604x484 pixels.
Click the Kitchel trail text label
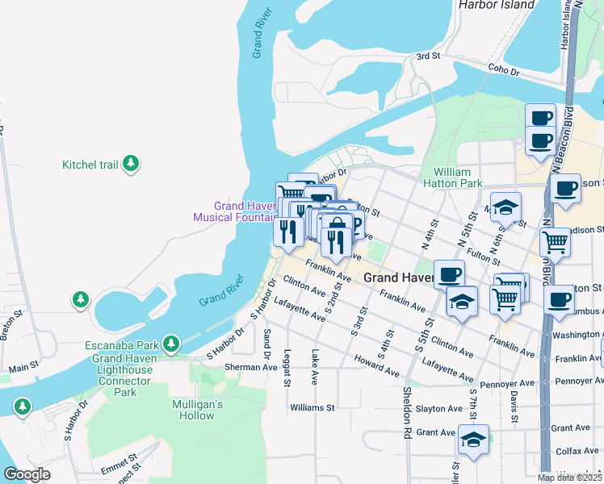90,165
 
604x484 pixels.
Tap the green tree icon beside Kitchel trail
131,165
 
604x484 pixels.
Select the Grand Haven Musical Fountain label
234,211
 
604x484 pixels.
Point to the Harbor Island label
496,5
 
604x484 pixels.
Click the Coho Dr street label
504,71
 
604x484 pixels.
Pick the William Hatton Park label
457,178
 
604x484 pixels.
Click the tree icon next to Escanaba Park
170,344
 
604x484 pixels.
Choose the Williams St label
312,408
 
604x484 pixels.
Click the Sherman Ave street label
250,366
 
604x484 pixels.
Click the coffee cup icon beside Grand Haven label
449,274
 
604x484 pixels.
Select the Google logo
27,474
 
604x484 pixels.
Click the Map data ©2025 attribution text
570,478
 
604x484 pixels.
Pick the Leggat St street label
286,367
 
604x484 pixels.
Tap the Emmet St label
120,467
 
